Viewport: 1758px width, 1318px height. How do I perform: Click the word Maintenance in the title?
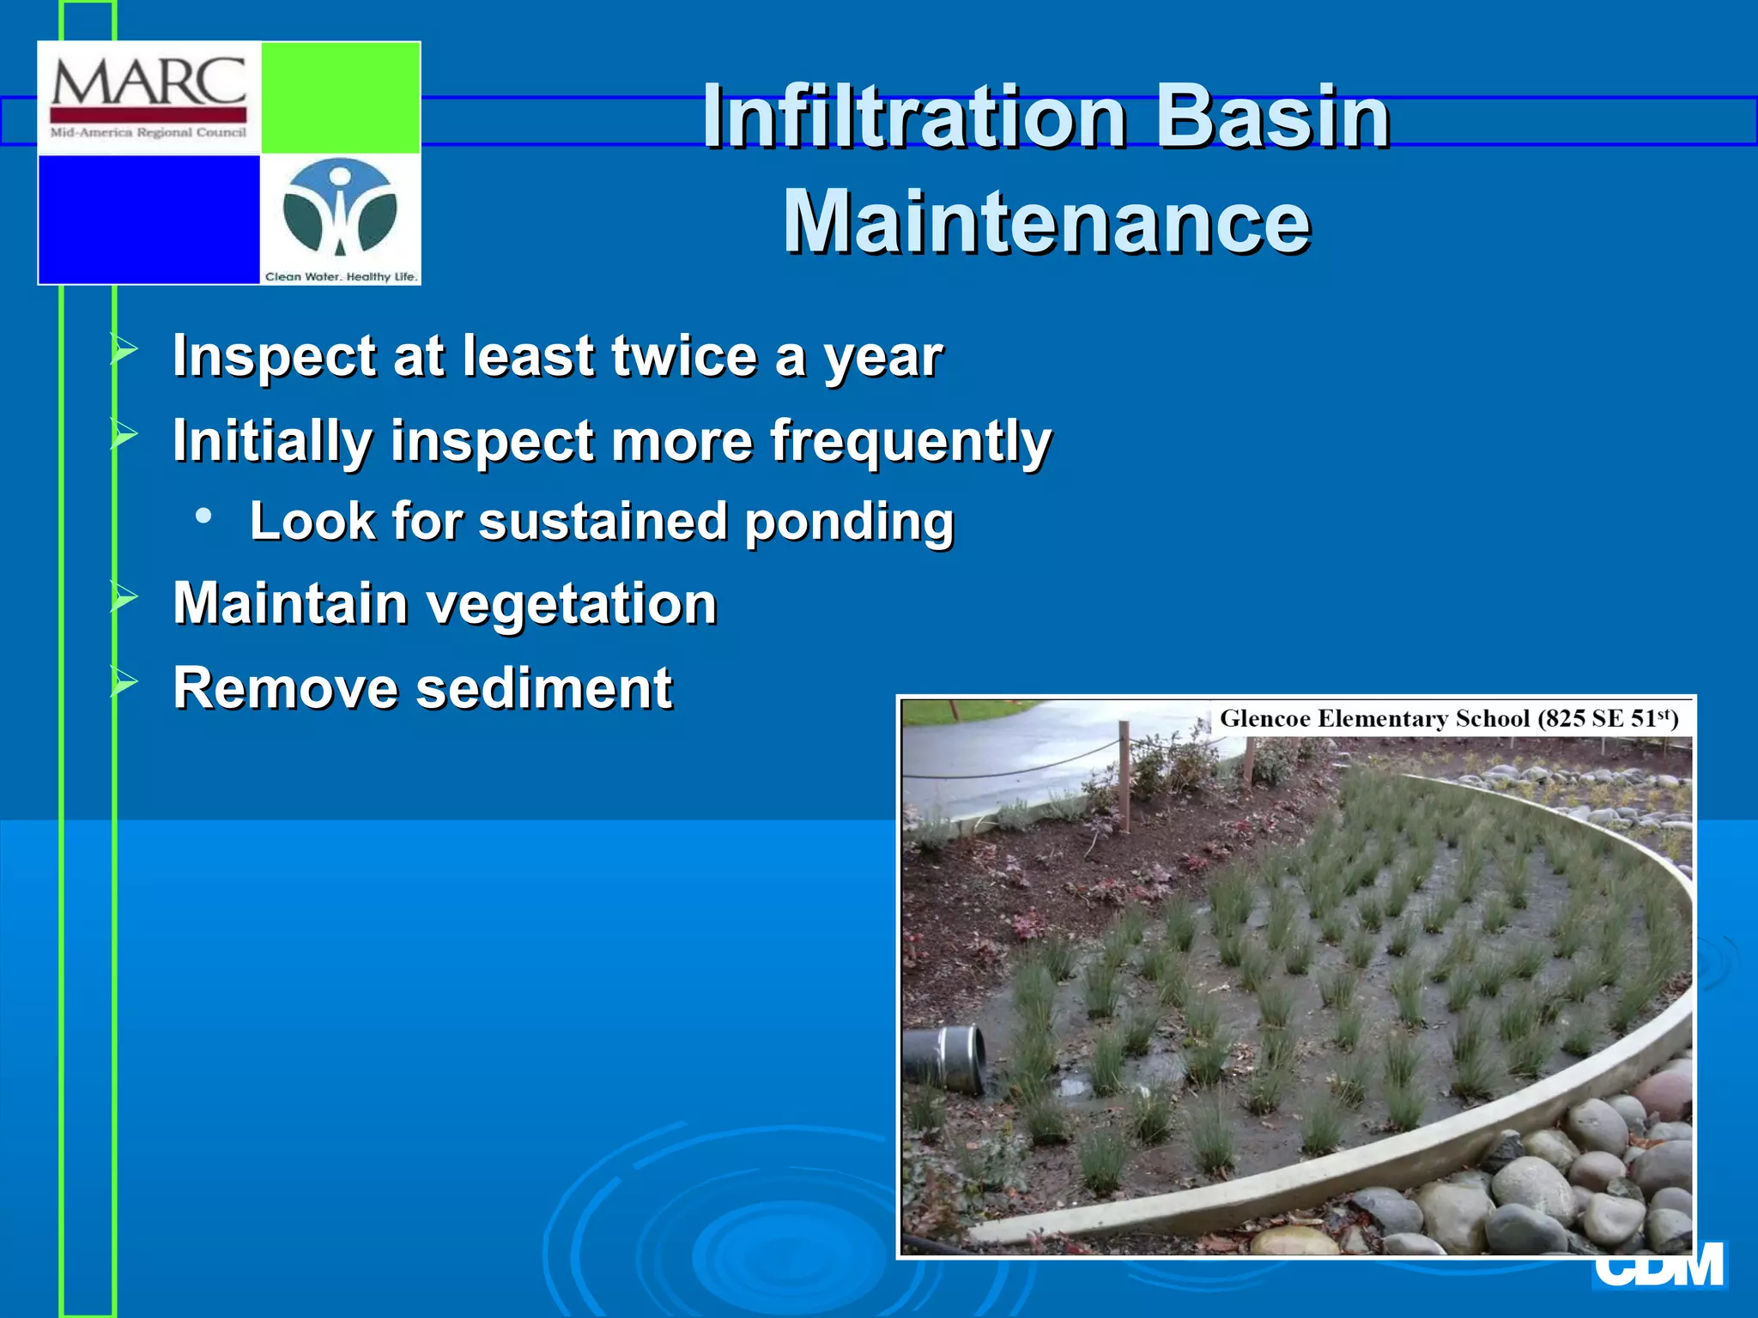(x=1046, y=222)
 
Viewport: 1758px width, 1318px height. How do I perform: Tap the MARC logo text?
(x=149, y=82)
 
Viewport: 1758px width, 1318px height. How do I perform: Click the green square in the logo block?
(x=340, y=97)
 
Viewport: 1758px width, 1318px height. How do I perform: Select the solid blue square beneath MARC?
(x=149, y=219)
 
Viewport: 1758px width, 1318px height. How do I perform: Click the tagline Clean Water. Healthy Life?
(x=341, y=276)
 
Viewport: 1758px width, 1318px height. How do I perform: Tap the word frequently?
(x=910, y=441)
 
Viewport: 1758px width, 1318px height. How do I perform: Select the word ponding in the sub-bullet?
(x=849, y=522)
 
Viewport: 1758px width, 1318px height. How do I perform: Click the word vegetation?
(x=572, y=603)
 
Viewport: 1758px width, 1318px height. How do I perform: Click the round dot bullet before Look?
(x=203, y=516)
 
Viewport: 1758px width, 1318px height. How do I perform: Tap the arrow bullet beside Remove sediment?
(x=124, y=683)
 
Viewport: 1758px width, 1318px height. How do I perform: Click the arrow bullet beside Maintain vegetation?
(x=124, y=597)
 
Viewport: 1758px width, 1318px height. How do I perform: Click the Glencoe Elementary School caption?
(x=1448, y=718)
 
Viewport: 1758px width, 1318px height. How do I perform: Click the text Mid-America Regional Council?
(x=149, y=133)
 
